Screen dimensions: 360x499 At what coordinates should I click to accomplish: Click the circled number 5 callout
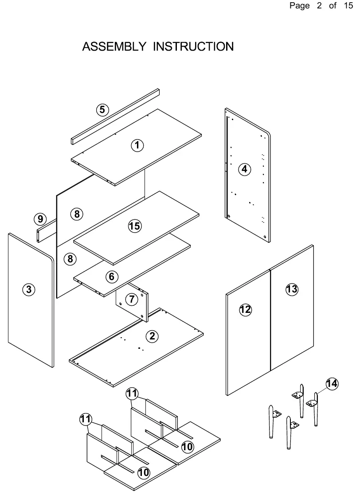pyautogui.click(x=102, y=110)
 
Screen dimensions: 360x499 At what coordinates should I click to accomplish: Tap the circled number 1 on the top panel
pyautogui.click(x=137, y=145)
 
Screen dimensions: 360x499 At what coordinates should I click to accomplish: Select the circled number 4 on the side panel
pyautogui.click(x=244, y=169)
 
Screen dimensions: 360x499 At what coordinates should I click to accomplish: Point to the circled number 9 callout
pyautogui.click(x=40, y=219)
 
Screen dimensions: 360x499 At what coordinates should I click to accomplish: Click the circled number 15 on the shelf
pyautogui.click(x=135, y=226)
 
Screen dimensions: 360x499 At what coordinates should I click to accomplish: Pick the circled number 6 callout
pyautogui.click(x=112, y=277)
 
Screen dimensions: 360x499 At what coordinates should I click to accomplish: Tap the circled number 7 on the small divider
pyautogui.click(x=132, y=299)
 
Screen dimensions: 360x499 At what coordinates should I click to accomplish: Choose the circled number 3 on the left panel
pyautogui.click(x=29, y=289)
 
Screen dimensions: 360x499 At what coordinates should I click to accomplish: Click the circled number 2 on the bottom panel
pyautogui.click(x=152, y=336)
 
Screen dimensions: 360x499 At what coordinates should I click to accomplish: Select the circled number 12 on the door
pyautogui.click(x=245, y=310)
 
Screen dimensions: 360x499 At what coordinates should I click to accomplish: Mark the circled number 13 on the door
pyautogui.click(x=292, y=289)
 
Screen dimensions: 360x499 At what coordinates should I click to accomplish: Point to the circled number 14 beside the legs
pyautogui.click(x=332, y=383)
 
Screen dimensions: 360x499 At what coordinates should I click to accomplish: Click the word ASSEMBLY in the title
pyautogui.click(x=114, y=47)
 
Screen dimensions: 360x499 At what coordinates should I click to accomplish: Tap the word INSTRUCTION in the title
pyautogui.click(x=193, y=47)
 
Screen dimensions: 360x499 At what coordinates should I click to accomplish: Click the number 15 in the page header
pyautogui.click(x=348, y=6)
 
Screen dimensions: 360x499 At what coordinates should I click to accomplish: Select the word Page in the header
pyautogui.click(x=300, y=6)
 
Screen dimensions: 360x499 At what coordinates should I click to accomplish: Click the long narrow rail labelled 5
pyautogui.click(x=115, y=117)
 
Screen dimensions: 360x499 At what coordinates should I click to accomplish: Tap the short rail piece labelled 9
pyautogui.click(x=47, y=230)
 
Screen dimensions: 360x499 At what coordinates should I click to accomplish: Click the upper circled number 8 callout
pyautogui.click(x=77, y=214)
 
